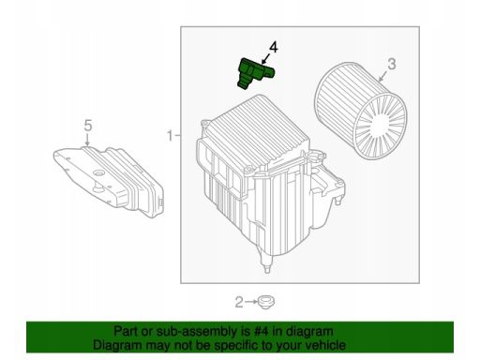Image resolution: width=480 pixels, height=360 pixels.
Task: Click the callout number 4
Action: [273, 48]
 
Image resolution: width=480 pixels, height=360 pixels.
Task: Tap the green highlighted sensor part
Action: [255, 74]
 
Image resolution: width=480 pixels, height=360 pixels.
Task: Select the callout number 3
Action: [392, 64]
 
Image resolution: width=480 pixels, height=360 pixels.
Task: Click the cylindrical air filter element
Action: [360, 111]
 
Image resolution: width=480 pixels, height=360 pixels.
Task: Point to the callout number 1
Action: [171, 136]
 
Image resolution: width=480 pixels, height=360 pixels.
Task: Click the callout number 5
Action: [88, 126]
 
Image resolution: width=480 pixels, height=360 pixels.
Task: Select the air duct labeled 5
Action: [109, 181]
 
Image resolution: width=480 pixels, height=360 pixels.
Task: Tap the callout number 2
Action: [239, 302]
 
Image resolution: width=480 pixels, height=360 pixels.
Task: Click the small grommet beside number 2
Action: [266, 302]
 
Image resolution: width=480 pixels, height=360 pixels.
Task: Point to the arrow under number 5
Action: [88, 139]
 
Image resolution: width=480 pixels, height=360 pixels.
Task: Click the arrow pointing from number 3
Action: [383, 76]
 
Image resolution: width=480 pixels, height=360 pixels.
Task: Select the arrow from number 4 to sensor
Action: [265, 59]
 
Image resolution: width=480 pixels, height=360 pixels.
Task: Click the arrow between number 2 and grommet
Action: [251, 302]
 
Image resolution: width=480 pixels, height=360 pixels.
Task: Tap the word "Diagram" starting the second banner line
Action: [117, 346]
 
